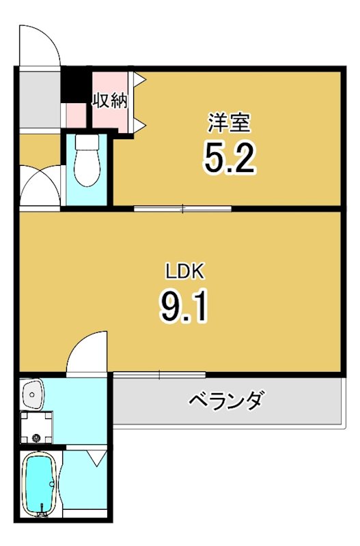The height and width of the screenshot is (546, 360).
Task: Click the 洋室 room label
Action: pos(229,123)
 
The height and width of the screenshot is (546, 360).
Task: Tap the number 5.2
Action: pos(229,158)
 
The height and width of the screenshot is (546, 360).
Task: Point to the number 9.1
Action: pos(183,307)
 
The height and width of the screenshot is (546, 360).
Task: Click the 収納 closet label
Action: pos(111,101)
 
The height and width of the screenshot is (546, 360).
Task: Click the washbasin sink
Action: pos(33,394)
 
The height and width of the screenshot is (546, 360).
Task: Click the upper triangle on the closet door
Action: pos(140,80)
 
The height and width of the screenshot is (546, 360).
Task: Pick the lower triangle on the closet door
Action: pos(140,124)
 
